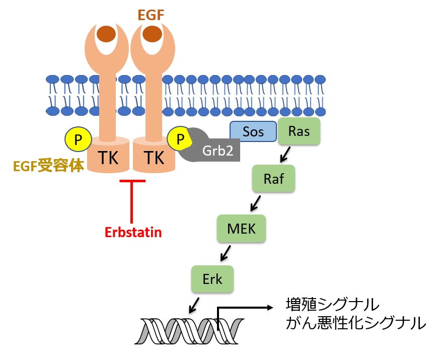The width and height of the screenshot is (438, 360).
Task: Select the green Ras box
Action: [x=299, y=132]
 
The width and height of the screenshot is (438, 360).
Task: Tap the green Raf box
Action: [x=274, y=179]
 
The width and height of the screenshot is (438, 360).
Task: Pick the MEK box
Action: [x=242, y=228]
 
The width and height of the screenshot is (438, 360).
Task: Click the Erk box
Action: [x=212, y=279]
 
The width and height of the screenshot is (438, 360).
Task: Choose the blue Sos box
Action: [x=253, y=132]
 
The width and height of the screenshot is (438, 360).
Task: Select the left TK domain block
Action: [x=108, y=158]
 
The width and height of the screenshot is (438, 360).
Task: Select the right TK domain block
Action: [x=154, y=158]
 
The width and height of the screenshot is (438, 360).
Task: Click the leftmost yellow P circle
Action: [x=77, y=139]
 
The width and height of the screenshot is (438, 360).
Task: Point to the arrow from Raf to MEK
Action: [x=256, y=202]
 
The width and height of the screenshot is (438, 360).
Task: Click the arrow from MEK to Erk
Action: [x=225, y=252]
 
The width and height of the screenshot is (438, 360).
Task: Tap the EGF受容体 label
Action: [x=48, y=166]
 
